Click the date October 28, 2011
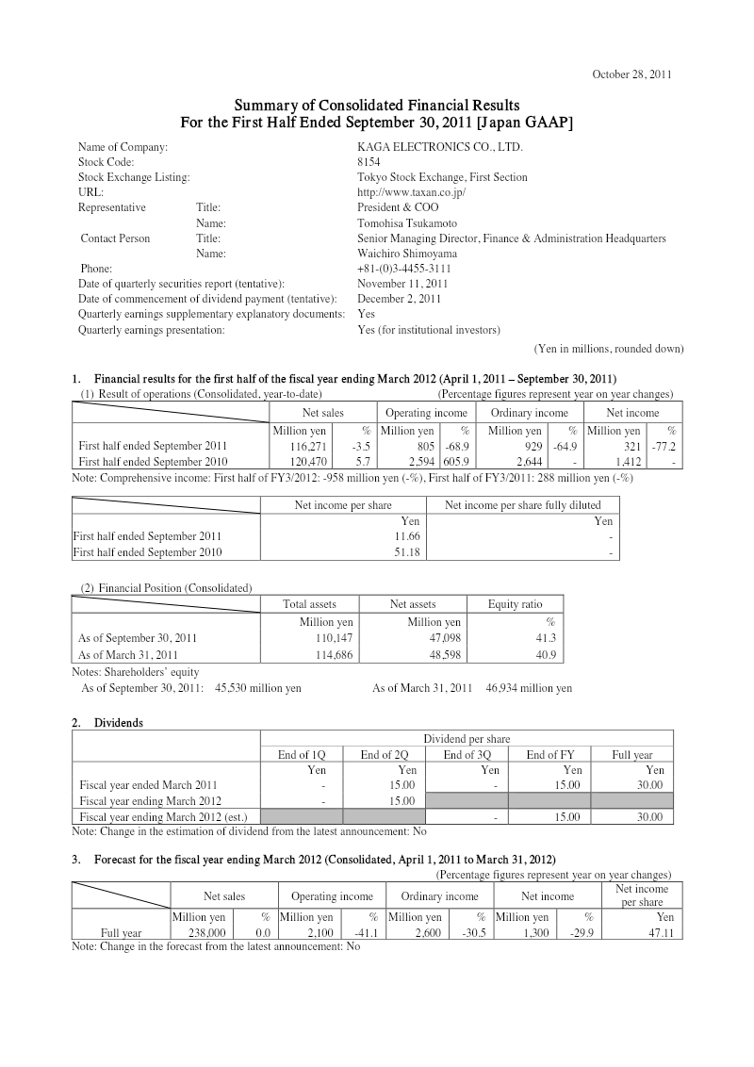coord(631,74)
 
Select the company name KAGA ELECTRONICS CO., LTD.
coord(439,147)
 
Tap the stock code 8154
coord(369,162)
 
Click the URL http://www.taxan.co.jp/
coord(412,192)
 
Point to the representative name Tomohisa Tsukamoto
coord(407,223)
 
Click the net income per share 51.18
coord(406,551)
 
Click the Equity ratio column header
coord(516,604)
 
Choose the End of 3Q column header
coord(467,754)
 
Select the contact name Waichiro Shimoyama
coord(408,254)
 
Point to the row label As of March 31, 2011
coord(128,654)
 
